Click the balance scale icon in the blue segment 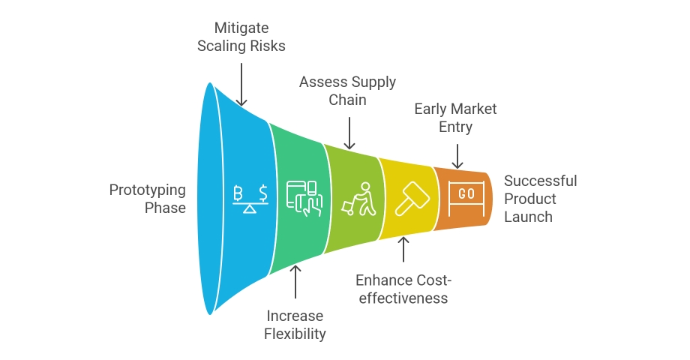coord(250,199)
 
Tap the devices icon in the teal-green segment coord(304,199)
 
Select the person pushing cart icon coord(359,199)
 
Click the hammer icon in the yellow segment coord(412,199)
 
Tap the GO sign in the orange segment coord(466,199)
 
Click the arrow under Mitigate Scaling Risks coord(241,85)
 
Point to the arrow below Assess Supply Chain coord(349,133)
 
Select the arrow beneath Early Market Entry coord(457,156)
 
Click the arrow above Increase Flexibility coord(295,282)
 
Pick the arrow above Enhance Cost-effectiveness coord(403,250)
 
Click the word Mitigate coord(241,28)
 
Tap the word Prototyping coord(148,190)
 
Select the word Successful coord(541,181)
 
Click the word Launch coord(528,217)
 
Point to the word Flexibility coord(295,334)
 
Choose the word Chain coord(348,100)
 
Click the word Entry coord(455,127)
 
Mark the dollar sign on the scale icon coord(263,193)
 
